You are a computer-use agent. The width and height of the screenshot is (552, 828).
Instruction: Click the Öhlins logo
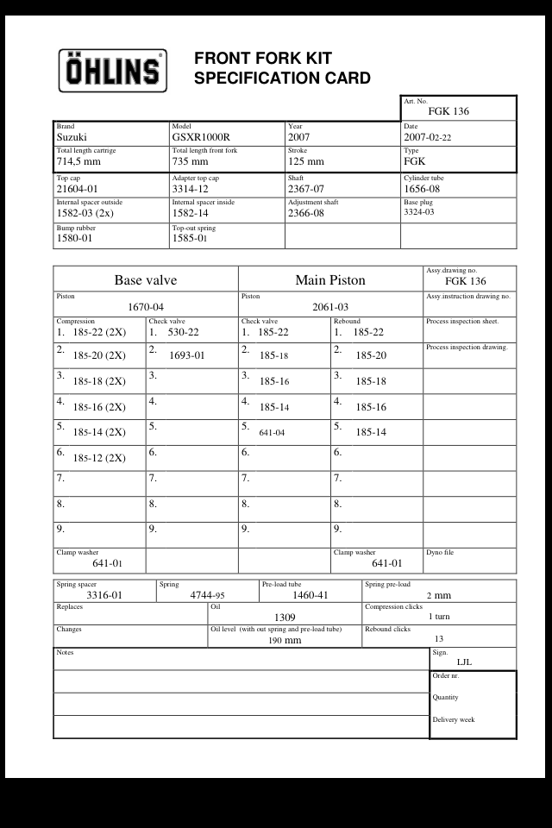112,70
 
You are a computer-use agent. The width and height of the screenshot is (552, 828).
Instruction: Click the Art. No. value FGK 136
448,111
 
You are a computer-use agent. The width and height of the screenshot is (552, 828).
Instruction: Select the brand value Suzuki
72,137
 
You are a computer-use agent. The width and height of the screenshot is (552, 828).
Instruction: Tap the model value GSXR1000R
201,137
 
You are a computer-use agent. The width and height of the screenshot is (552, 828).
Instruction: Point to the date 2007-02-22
439,137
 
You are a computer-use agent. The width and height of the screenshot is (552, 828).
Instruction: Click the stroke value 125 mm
306,161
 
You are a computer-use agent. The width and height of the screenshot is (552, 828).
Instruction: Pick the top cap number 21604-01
77,189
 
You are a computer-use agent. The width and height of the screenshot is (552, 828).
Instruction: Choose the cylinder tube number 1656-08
422,189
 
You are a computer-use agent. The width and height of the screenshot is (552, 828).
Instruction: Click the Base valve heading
146,279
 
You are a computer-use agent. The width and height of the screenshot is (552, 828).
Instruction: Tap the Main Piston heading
330,279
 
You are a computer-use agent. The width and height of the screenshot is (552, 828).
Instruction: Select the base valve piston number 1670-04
146,307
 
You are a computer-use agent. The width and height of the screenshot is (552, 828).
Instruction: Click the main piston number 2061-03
330,307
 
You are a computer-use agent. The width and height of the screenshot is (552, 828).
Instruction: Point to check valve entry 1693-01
187,354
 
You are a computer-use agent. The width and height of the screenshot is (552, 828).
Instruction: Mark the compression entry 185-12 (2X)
99,458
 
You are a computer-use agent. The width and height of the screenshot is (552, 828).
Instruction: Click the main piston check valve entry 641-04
272,432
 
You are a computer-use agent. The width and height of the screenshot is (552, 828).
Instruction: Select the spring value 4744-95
207,595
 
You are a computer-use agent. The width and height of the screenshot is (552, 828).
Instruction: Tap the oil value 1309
285,618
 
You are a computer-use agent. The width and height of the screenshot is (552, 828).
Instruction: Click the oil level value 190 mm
285,641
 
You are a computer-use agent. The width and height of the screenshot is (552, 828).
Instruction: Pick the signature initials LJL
464,662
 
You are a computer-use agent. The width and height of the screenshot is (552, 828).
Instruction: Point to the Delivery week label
454,720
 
